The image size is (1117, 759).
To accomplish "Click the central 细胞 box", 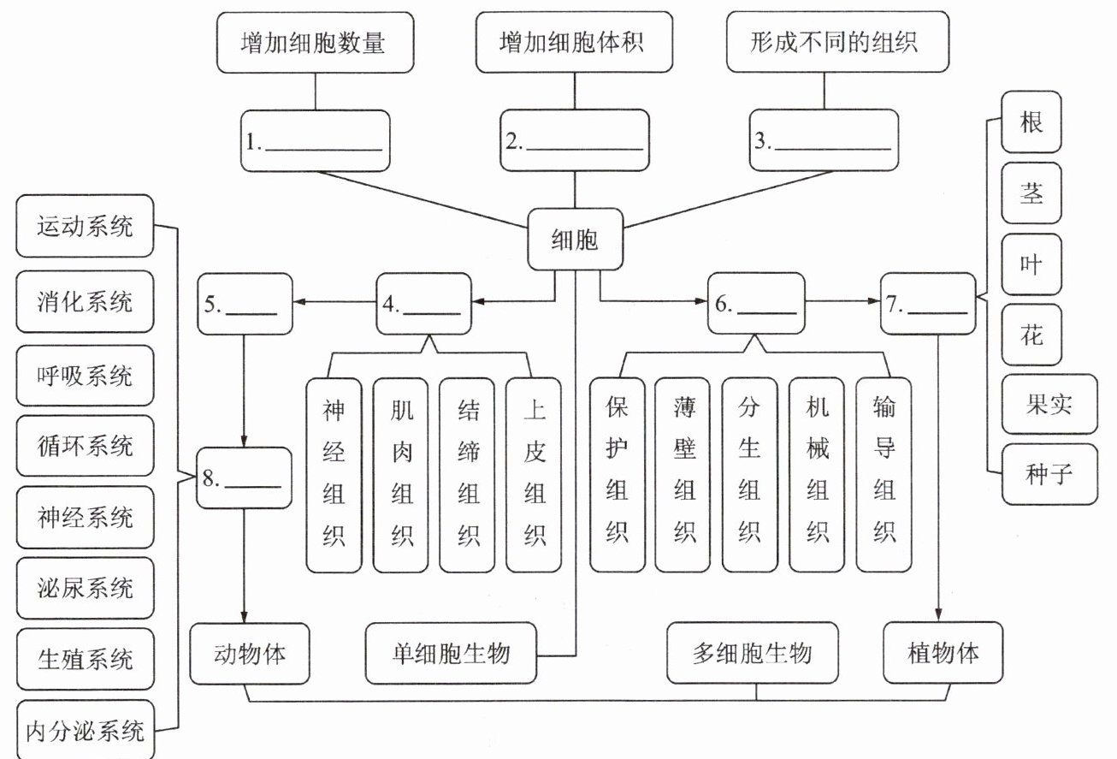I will point(574,240).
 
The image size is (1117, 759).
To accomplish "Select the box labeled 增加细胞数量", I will point(316,42).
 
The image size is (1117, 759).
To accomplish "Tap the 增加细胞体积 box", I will point(572,42).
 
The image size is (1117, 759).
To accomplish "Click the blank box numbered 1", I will point(316,141).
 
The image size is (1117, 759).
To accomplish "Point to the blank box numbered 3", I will point(823,141).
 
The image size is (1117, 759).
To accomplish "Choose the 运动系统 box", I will point(85,228).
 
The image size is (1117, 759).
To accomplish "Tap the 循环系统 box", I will point(85,446).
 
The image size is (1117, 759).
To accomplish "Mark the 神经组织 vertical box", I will point(334,475).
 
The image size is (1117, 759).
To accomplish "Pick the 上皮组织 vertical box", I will point(534,475).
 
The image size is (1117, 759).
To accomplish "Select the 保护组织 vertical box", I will point(617,475).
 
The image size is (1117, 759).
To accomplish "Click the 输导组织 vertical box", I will point(884,475).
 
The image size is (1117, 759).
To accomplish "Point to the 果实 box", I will point(1049,404).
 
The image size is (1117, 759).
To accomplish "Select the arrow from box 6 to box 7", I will point(843,302).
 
